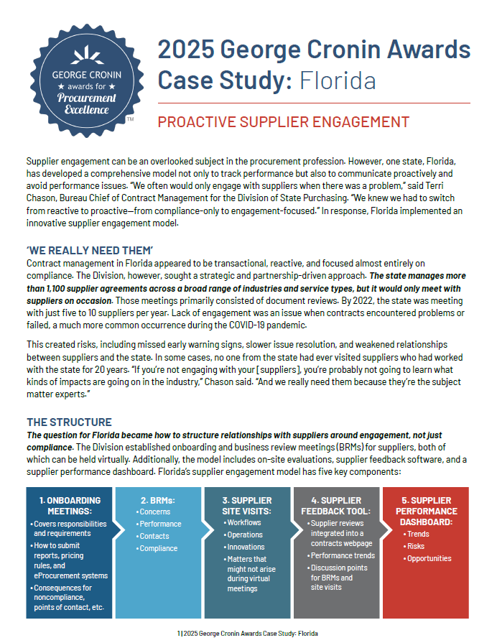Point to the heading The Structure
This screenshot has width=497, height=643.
pyautogui.click(x=69, y=422)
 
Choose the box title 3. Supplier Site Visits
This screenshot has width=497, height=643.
pyautogui.click(x=248, y=505)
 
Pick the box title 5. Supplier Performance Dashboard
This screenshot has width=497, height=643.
pyautogui.click(x=426, y=512)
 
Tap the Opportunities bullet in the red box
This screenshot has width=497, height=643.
pyautogui.click(x=430, y=558)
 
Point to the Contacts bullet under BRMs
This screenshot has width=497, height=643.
pyautogui.click(x=154, y=536)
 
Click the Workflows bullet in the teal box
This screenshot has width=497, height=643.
pyautogui.click(x=245, y=522)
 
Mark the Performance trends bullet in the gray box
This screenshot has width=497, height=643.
pyautogui.click(x=343, y=555)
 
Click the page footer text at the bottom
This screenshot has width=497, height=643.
pyautogui.click(x=248, y=634)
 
